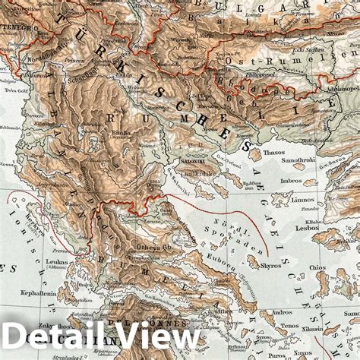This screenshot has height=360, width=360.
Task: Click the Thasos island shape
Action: coord(255,154)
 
